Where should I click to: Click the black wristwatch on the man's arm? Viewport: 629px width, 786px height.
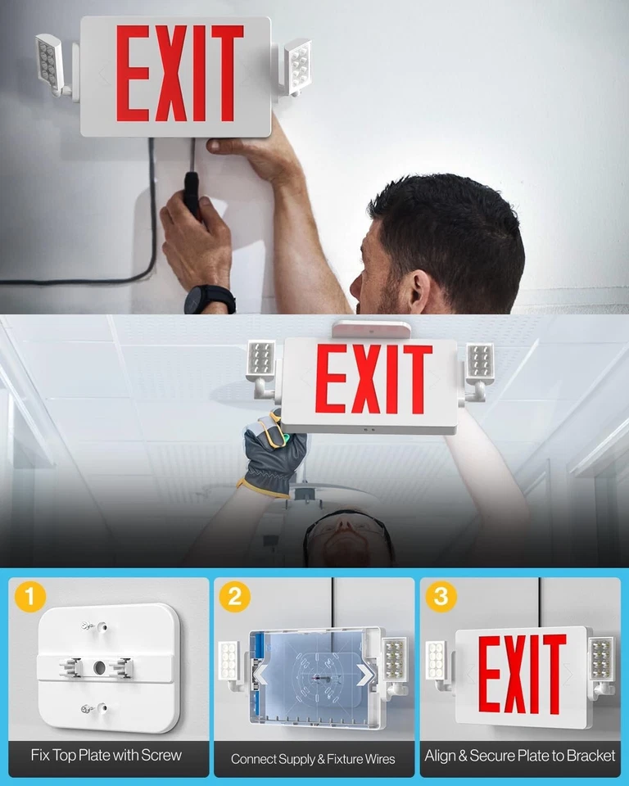pos(210,299)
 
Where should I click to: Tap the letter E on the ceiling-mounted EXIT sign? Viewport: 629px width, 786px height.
pos(331,378)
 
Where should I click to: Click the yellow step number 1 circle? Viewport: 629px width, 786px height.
pos(30,598)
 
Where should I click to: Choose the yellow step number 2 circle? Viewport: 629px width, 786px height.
pos(235,598)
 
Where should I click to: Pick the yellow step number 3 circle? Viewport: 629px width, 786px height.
pos(441,598)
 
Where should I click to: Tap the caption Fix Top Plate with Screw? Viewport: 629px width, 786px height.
pos(106,755)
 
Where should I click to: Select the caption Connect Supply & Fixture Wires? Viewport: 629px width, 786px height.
pos(313,759)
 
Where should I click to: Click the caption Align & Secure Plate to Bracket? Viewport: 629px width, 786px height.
pos(520,755)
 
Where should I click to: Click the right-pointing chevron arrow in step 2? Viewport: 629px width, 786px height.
pos(365,673)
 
